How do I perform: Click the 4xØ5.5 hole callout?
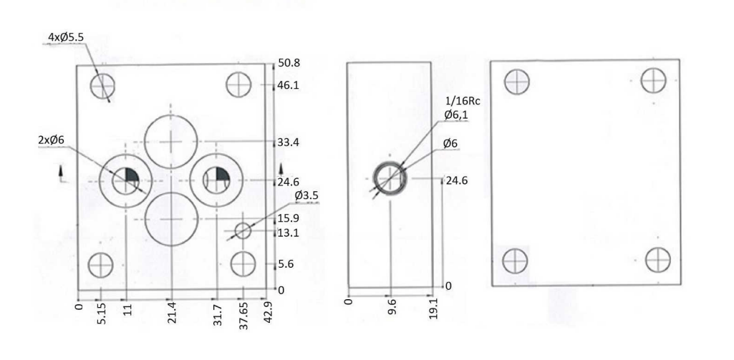66,37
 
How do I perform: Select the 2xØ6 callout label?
51,140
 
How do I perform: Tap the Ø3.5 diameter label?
307,195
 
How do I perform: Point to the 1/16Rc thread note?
462,102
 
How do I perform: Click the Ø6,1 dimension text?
456,115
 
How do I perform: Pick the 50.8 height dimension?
289,63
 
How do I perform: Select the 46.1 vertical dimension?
289,85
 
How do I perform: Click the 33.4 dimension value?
289,142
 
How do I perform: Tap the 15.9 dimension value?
289,218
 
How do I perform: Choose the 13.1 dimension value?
289,233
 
